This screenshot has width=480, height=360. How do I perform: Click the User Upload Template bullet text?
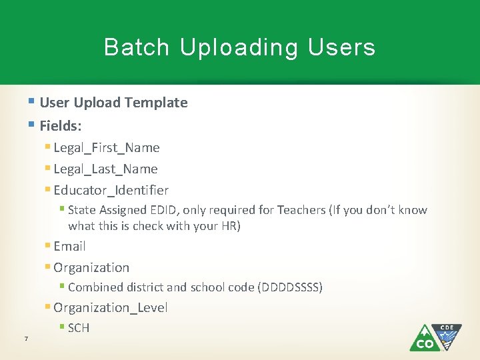113,103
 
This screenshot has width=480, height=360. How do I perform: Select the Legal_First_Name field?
107,148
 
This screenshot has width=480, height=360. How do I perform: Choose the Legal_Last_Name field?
105,169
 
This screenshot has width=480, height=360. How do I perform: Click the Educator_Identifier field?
111,191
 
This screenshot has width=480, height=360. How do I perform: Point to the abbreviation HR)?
229,226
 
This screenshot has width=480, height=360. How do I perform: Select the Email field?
69,247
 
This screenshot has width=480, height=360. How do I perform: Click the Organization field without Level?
91,268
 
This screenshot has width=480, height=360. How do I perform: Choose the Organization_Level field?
110,308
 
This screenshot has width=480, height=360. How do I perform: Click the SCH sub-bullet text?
79,328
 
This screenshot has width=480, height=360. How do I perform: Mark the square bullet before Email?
47,246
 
